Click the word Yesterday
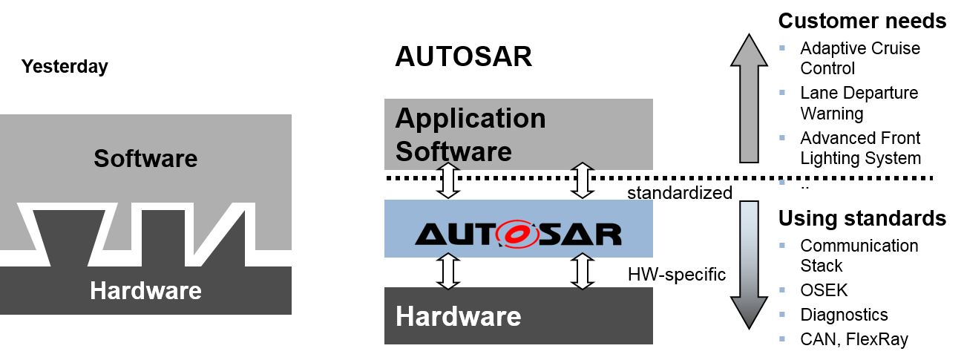point(65,67)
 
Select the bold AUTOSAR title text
point(463,57)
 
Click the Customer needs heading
point(862,21)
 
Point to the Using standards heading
point(862,218)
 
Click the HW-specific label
point(676,274)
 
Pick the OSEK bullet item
point(824,290)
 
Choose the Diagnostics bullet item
point(844,315)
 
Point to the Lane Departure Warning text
point(859,103)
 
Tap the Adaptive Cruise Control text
point(859,58)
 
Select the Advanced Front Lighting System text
point(860,148)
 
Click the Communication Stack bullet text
point(859,255)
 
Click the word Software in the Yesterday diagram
point(145,158)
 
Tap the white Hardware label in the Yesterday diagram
point(145,290)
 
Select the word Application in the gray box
point(470,118)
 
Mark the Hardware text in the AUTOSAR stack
point(458,317)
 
